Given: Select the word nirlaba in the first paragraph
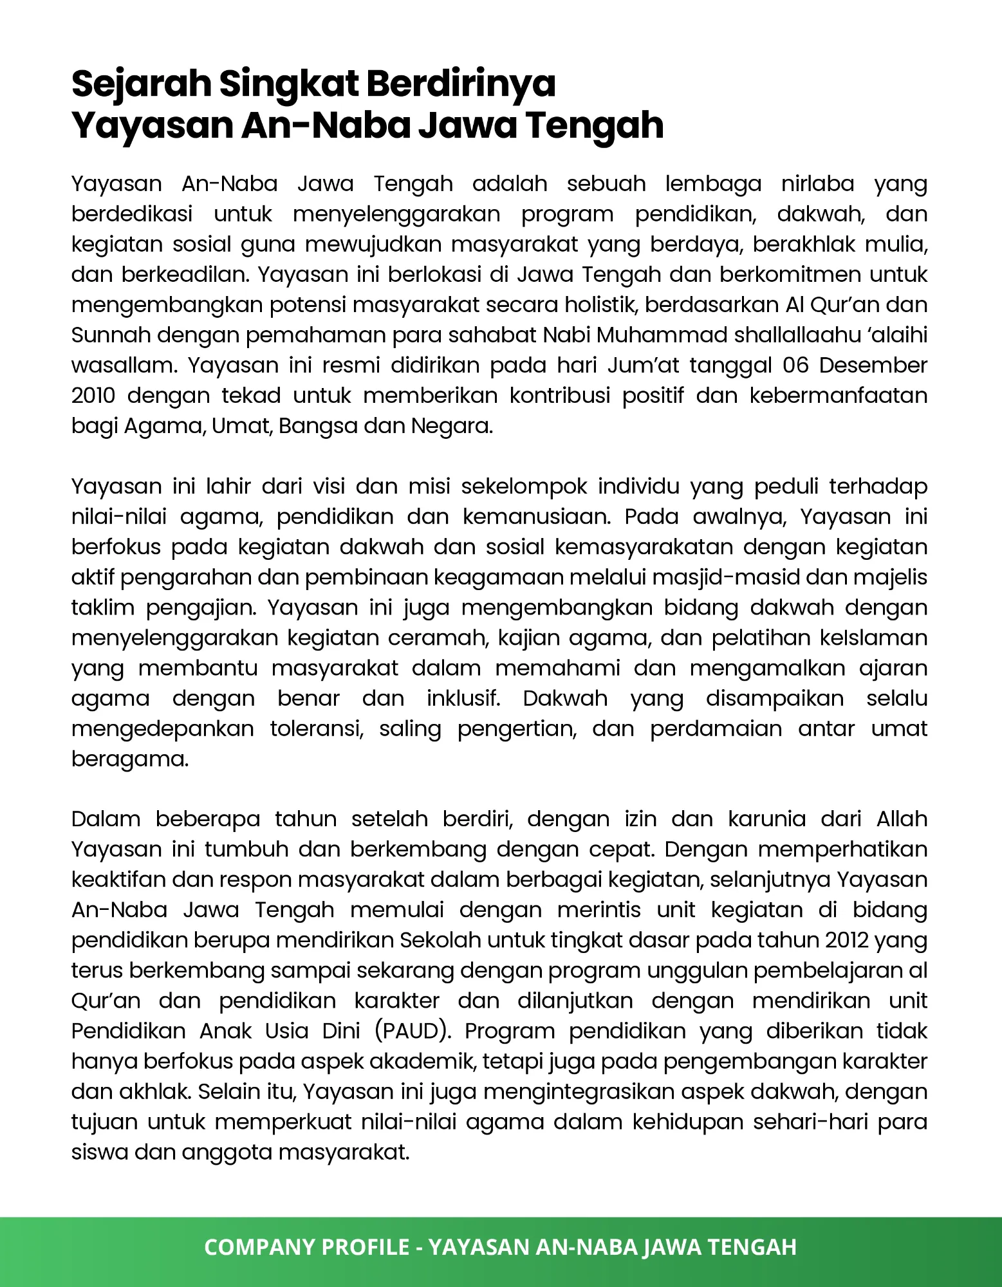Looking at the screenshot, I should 817,184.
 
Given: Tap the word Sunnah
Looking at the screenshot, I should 111,335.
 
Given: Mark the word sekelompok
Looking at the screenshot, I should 524,486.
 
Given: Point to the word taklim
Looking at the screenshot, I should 103,607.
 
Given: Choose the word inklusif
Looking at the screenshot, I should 463,698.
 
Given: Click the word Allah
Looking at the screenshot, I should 901,819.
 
